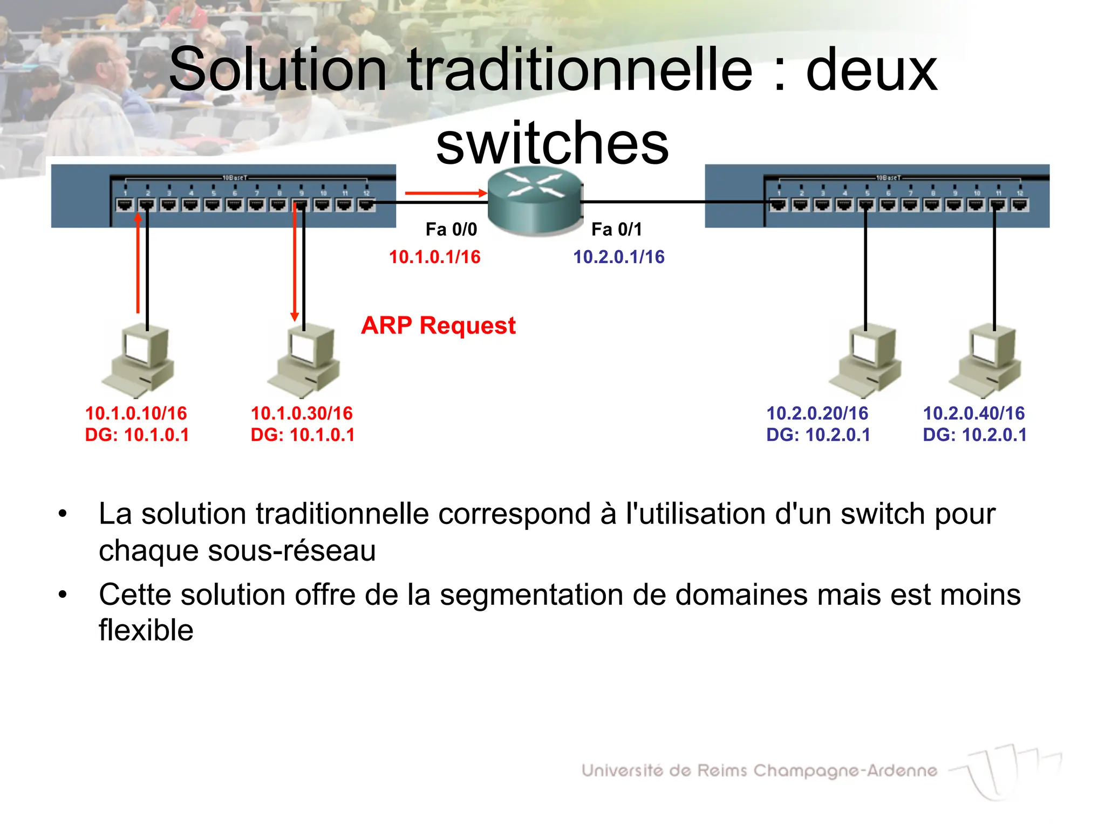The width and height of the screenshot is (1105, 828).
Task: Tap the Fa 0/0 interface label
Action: coord(451,229)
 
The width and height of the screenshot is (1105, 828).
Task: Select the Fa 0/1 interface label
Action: coord(617,229)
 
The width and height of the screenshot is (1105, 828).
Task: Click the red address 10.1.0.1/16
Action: coord(434,257)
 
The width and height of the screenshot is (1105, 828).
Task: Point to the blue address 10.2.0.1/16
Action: coord(618,257)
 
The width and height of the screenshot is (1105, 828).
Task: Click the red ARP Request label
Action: coord(438,325)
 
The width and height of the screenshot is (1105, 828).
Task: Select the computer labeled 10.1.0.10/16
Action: coord(139,360)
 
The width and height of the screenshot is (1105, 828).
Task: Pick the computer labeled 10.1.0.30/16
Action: coord(305,360)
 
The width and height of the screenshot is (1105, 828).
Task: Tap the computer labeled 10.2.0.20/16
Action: coord(867,360)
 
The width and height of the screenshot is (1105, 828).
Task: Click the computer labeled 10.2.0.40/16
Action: coord(986,360)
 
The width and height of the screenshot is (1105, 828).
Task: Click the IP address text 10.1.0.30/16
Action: coord(302,413)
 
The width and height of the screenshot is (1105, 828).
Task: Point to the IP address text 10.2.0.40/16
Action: coord(973,413)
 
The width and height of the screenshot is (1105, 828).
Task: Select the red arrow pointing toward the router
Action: coord(446,192)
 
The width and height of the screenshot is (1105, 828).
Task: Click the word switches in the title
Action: coord(552,143)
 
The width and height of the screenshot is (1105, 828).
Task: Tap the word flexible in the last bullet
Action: coord(146,630)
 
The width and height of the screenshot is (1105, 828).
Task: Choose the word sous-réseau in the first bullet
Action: coord(291,550)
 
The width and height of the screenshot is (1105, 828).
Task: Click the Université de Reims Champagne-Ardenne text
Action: coord(759,770)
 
